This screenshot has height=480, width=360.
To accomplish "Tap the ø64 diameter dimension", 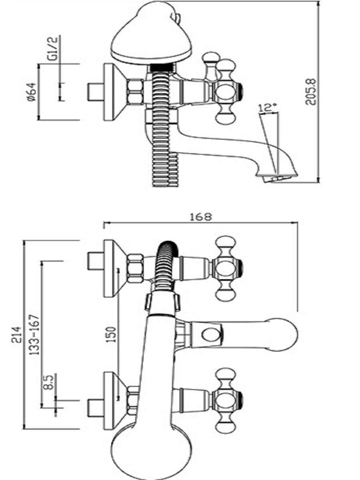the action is [x=32, y=92].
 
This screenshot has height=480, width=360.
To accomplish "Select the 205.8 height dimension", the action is [x=311, y=92].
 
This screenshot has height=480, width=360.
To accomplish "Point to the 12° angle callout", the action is [x=267, y=108].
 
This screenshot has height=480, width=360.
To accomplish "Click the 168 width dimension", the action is [x=201, y=217].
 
